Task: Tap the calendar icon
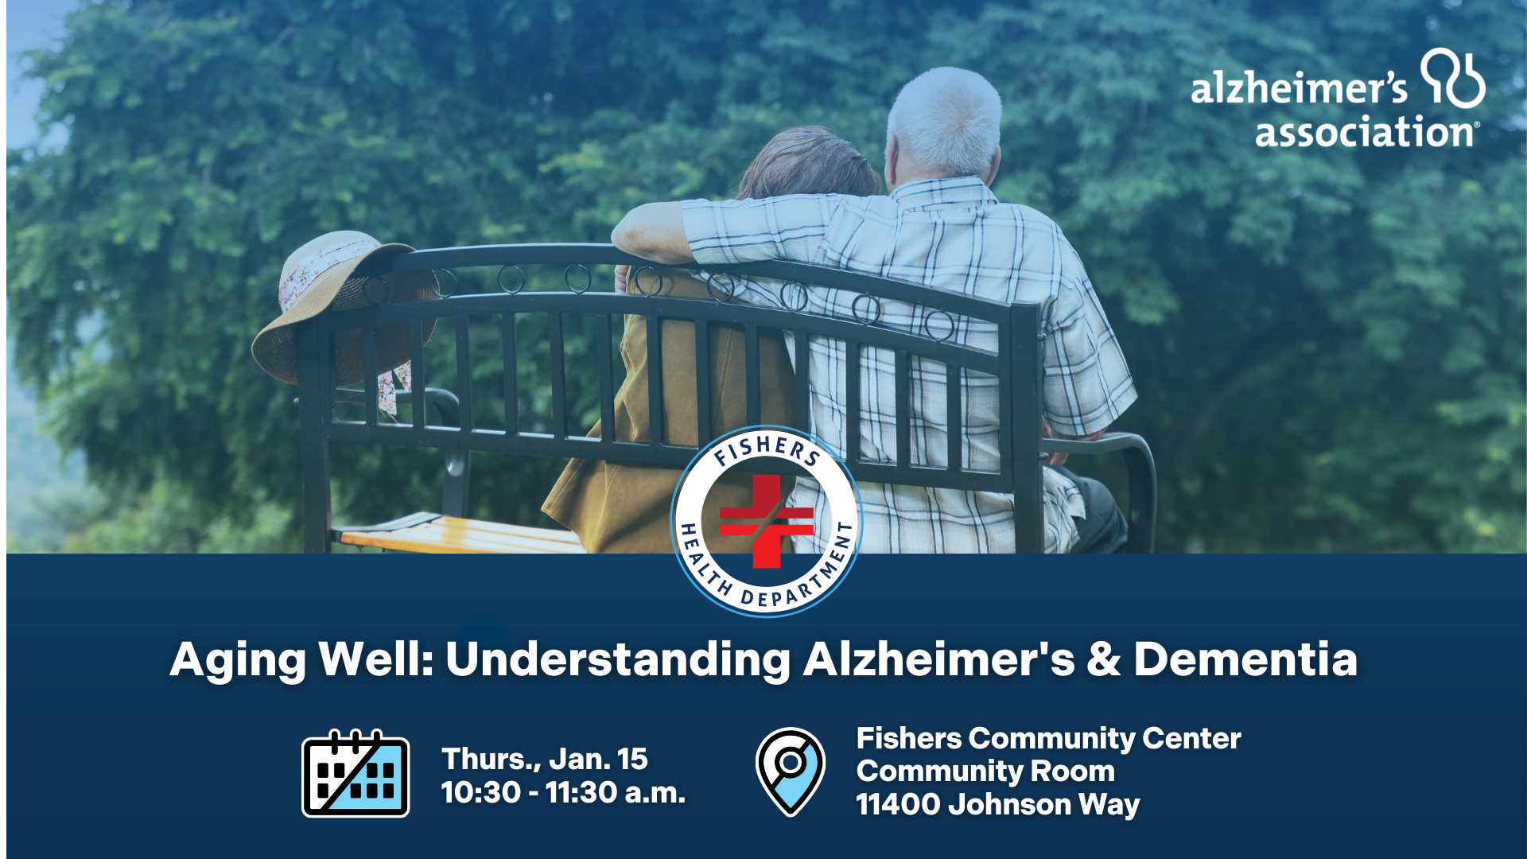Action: point(356,774)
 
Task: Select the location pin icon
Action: point(790,771)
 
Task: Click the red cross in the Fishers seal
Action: point(766,521)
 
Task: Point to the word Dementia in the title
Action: point(1245,659)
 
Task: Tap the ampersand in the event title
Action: point(1104,659)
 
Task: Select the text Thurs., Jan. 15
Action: point(545,759)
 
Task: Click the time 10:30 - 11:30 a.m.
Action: point(563,792)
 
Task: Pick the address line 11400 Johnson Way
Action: point(998,804)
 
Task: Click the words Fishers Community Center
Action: point(1048,738)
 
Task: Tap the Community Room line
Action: point(985,771)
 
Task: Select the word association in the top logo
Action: point(1364,132)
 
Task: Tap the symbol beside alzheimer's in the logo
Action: point(1453,78)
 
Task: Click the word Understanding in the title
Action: point(617,659)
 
